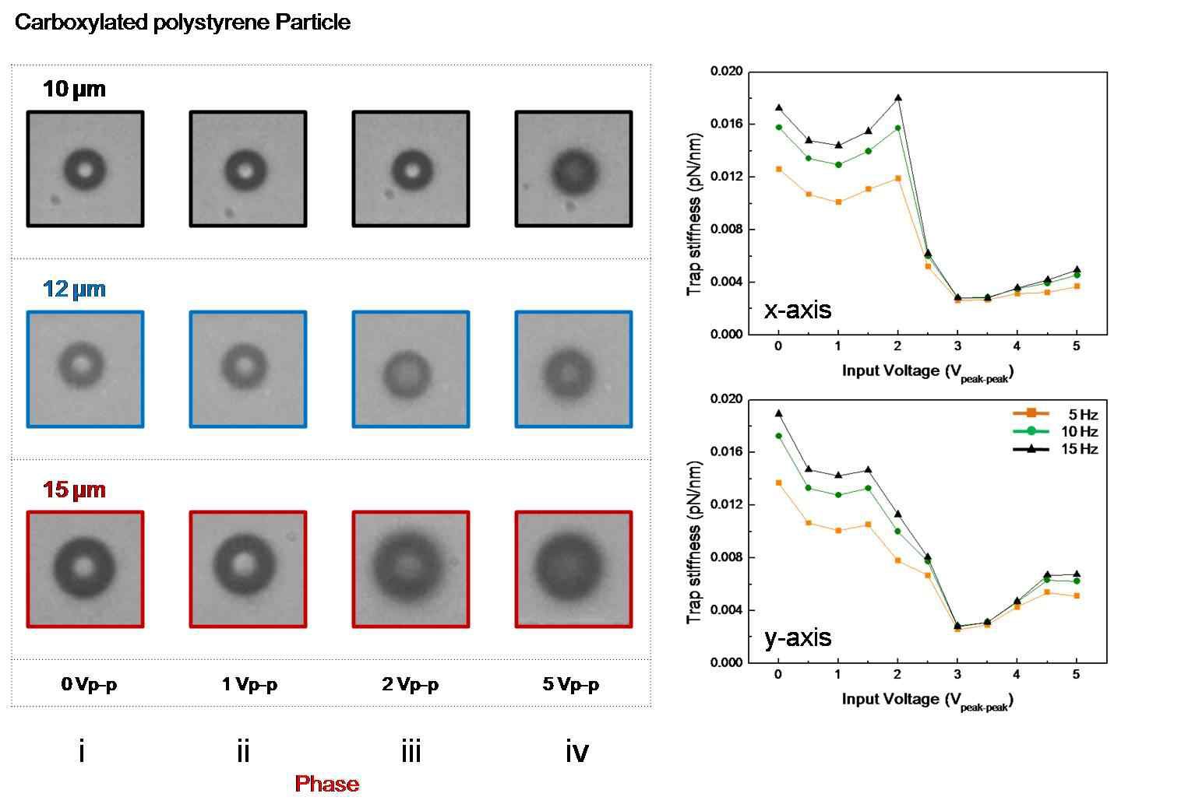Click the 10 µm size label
74,89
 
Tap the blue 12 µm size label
74,290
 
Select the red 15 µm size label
74,490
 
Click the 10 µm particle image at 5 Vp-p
573,169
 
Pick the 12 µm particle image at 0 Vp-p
85,369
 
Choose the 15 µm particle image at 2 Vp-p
411,569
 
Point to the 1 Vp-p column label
249,685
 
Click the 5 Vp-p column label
571,685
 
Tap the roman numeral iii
411,752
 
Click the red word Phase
327,784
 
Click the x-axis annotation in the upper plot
798,310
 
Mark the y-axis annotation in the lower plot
798,638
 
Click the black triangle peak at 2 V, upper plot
898,98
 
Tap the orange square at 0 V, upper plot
778,169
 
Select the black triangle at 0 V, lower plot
778,413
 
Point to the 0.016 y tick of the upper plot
726,125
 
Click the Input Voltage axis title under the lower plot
927,700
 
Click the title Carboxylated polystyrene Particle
182,23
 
